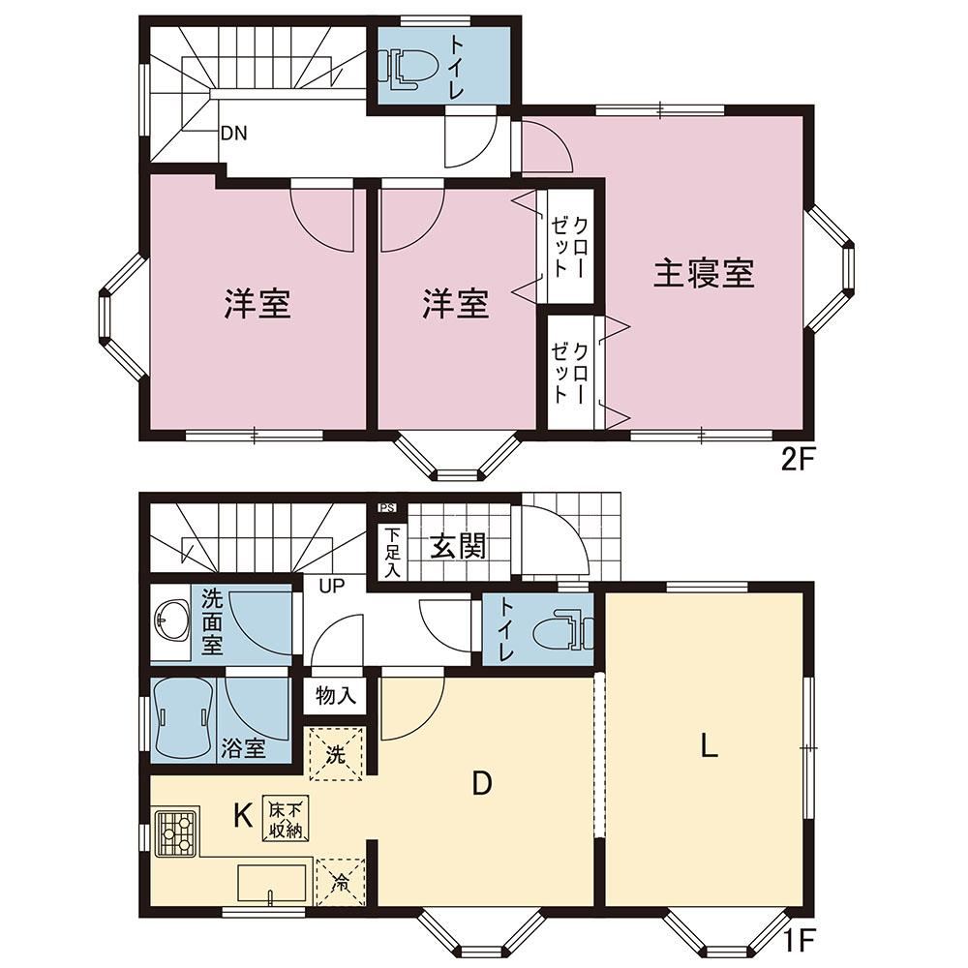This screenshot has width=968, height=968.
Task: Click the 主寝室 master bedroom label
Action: (704, 274)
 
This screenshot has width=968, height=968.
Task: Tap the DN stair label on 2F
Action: (233, 133)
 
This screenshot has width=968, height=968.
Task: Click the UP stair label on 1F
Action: (332, 586)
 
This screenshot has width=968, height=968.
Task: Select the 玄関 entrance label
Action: (458, 546)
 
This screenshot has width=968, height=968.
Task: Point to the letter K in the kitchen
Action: (243, 817)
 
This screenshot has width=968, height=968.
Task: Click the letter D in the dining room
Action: (481, 783)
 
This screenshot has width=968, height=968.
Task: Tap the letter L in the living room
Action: (709, 745)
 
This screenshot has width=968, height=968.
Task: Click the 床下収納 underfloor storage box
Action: (286, 817)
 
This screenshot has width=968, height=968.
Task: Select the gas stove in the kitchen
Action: (176, 832)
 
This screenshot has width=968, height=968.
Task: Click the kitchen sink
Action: (272, 884)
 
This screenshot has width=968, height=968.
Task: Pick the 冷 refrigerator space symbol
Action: (340, 883)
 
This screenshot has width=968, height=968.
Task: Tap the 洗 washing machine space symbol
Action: (335, 754)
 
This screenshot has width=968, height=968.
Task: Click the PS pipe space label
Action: (387, 509)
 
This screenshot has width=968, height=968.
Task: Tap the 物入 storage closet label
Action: (336, 696)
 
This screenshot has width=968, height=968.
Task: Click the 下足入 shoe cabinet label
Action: (392, 553)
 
